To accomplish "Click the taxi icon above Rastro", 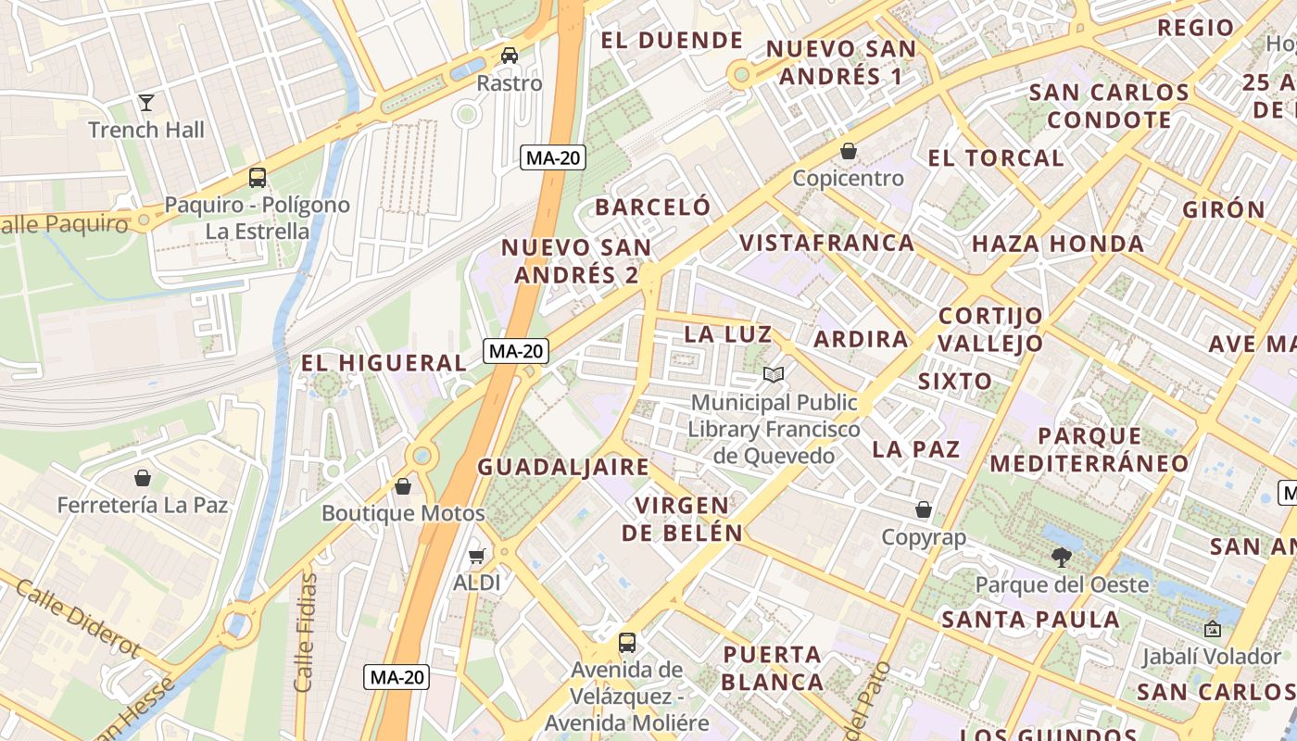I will point(510,56).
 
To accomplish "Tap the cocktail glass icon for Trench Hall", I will point(146,102).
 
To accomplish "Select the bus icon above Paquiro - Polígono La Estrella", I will point(258,178).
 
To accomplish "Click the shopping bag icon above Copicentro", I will point(848,151).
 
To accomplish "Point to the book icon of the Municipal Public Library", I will point(774,375).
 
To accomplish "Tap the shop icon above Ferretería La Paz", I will point(143,478).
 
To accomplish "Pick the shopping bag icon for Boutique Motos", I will point(403,486).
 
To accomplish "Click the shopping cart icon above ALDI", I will point(476,556).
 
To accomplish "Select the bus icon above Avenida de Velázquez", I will point(627,642).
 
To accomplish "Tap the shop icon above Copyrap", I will point(924,509).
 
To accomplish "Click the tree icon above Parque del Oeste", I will point(1062,557).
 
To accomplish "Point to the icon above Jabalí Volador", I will point(1212,629).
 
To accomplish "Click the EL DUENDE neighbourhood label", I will point(672,40).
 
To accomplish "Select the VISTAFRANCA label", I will point(826,243).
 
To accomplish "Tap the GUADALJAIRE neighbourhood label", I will point(563,467).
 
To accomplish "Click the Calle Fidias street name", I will point(305,632).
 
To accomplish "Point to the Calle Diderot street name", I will point(78,620).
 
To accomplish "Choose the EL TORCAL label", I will point(996,157).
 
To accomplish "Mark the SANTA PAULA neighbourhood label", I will point(1030,620).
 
